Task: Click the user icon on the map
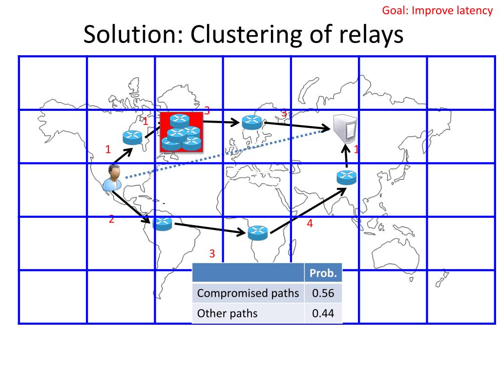[x=113, y=177]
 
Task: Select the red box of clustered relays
[x=182, y=131]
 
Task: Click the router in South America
[x=162, y=224]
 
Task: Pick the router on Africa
[x=257, y=232]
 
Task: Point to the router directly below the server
[x=347, y=178]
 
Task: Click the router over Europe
[x=252, y=122]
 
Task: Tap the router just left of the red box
[x=133, y=138]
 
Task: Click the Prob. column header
[x=323, y=273]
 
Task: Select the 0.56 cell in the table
[x=323, y=293]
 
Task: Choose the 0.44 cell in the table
[x=323, y=313]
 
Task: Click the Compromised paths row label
[x=248, y=293]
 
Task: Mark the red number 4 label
[x=310, y=224]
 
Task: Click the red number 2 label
[x=111, y=219]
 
